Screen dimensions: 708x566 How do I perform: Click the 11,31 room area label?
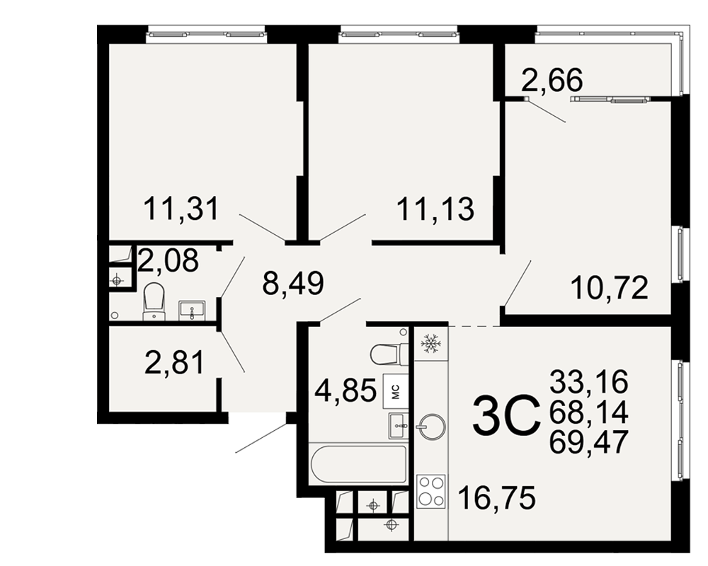coord(181,209)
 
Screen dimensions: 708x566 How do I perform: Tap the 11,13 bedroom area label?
coord(435,209)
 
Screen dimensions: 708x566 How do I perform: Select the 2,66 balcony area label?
coord(552,80)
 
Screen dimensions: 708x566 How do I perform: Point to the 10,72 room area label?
coord(610,288)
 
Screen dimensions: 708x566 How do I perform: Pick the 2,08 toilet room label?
coord(168,260)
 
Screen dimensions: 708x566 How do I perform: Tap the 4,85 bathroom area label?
coord(346,391)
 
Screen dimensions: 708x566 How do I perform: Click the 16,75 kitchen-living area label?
coord(497,497)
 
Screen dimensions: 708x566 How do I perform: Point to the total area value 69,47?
coord(589,442)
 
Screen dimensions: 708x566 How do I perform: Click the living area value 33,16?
coord(589,381)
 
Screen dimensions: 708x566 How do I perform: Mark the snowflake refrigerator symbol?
coord(430,343)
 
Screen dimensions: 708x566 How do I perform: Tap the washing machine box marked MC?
coord(396,391)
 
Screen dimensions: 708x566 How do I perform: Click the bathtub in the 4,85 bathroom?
coord(358,464)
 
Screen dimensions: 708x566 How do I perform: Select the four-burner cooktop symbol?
coord(430,492)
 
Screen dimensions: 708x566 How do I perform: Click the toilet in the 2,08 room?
coord(154,301)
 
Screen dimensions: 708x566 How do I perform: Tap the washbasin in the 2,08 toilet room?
coord(192,311)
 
